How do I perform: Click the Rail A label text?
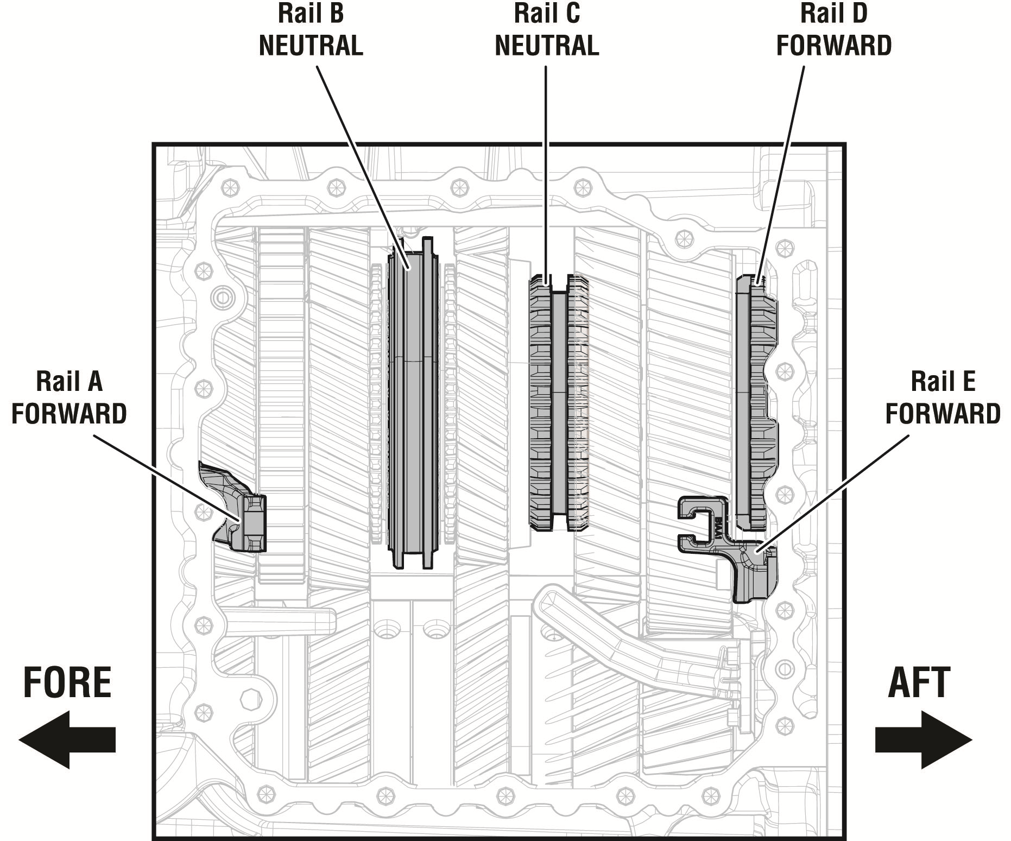69,382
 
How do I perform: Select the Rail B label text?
311,14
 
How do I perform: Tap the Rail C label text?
547,14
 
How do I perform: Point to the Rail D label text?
834,14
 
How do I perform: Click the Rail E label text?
943,382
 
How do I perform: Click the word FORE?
67,683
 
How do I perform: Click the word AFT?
919,683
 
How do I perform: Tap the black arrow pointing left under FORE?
67,739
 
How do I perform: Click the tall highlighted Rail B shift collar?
413,402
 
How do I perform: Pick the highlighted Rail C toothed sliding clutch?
559,402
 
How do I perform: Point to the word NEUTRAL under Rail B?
311,46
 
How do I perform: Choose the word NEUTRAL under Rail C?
547,46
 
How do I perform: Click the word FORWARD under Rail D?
834,46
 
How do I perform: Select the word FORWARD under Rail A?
69,414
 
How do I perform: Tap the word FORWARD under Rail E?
943,414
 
